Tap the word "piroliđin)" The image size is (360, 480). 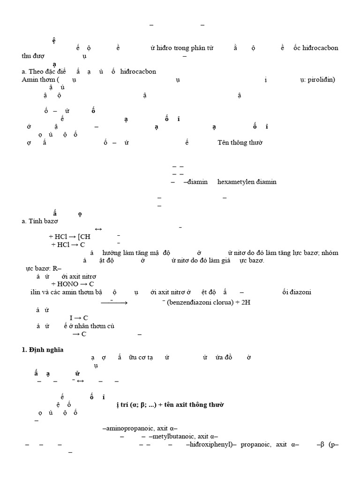point(321,79)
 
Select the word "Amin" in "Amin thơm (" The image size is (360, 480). point(30,79)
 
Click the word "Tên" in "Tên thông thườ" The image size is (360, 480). point(224,142)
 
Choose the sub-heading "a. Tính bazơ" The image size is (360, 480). point(40,221)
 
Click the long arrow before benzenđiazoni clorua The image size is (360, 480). point(114,303)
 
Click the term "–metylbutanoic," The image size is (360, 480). point(169,436)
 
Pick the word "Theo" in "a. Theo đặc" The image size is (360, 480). point(36,71)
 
